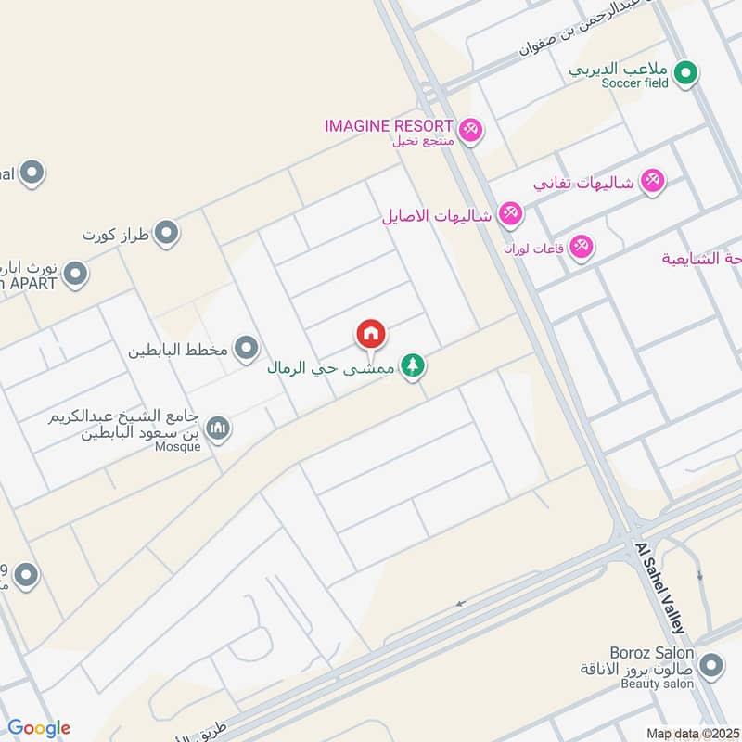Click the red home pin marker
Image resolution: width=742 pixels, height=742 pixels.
click(371, 335)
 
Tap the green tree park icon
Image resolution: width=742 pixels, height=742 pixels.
click(413, 366)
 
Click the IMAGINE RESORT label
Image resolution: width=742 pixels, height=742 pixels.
click(389, 125)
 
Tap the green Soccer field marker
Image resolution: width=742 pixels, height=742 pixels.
click(685, 72)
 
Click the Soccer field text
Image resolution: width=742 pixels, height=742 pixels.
click(634, 83)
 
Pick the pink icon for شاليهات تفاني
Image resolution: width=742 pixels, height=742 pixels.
click(653, 183)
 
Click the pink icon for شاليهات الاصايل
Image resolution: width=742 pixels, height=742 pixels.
click(509, 215)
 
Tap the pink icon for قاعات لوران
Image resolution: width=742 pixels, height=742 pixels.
click(582, 247)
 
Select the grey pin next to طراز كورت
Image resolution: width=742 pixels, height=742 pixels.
click(167, 233)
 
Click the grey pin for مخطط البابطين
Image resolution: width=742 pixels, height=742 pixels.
click(246, 350)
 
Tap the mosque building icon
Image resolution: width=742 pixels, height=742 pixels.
click(218, 428)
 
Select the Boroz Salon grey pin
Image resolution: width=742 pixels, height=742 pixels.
click(711, 665)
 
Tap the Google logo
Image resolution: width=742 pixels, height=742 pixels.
click(38, 728)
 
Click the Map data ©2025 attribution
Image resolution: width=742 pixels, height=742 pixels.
click(691, 733)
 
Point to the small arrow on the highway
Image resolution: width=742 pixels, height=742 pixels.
click(460, 603)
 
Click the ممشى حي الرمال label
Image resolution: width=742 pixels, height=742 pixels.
click(331, 368)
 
